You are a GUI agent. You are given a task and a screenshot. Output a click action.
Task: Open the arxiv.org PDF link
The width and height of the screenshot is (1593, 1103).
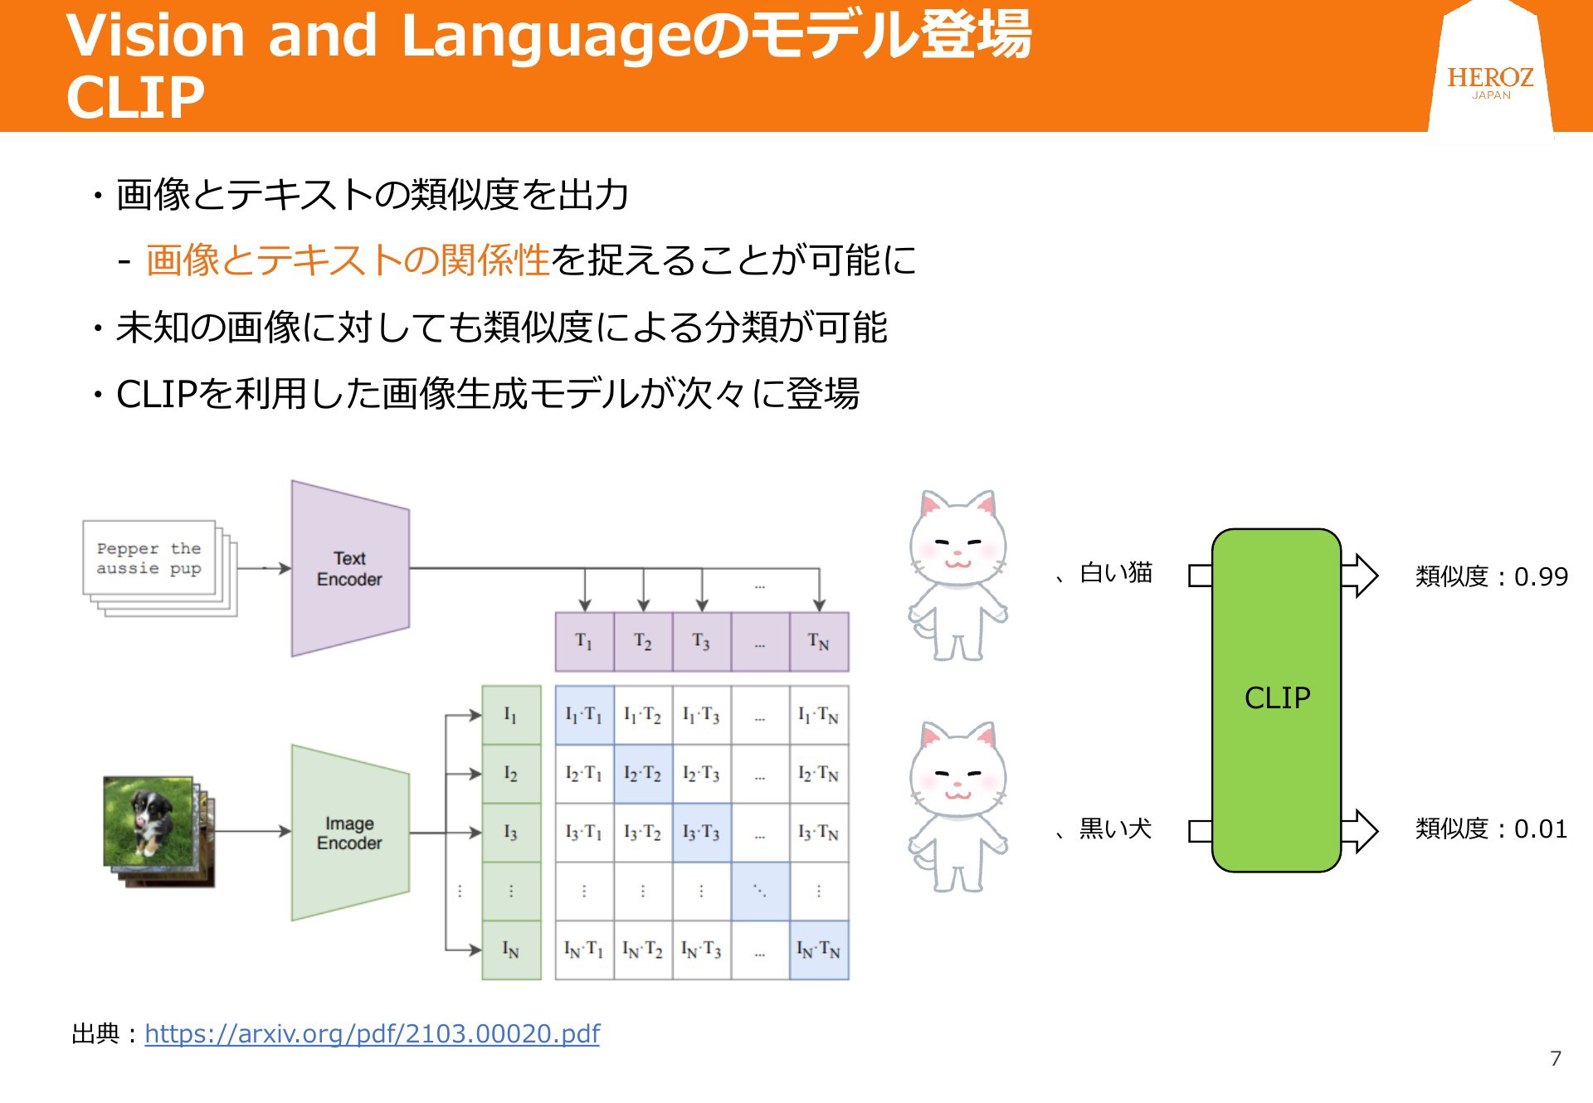click(x=372, y=1033)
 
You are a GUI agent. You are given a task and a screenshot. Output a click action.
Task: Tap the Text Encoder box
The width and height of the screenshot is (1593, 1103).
click(x=350, y=569)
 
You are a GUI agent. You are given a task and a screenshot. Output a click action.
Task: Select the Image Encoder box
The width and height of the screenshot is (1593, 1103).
click(x=350, y=833)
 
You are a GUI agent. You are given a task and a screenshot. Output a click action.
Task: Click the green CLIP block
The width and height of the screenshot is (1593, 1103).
click(x=1276, y=700)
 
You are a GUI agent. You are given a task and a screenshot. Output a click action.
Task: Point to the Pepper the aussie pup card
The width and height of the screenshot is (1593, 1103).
click(x=149, y=558)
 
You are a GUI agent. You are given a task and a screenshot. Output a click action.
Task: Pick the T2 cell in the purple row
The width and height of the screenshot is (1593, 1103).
click(x=643, y=642)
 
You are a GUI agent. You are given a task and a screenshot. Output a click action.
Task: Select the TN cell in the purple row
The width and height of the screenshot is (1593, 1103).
click(x=819, y=642)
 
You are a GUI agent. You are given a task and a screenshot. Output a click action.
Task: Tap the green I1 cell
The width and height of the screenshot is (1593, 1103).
click(x=511, y=715)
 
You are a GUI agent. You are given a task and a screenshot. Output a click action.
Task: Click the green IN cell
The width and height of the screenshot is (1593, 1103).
click(x=511, y=950)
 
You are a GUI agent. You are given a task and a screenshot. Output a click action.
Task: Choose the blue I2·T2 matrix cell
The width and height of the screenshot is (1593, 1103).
click(x=643, y=774)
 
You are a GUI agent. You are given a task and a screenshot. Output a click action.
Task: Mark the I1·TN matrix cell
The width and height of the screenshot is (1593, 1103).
click(x=819, y=715)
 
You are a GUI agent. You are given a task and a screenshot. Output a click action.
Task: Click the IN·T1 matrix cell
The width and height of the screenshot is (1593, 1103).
click(x=584, y=950)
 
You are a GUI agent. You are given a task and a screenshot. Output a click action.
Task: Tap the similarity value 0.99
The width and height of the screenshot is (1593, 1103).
click(x=1541, y=576)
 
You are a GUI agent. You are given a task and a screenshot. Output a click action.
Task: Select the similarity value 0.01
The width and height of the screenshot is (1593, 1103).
click(x=1541, y=828)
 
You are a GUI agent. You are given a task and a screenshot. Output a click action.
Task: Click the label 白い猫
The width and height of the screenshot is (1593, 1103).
click(x=1116, y=572)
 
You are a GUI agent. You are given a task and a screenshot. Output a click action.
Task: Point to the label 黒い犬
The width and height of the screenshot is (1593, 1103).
click(x=1116, y=828)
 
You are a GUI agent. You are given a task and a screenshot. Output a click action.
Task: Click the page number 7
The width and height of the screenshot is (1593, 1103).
click(x=1556, y=1058)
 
